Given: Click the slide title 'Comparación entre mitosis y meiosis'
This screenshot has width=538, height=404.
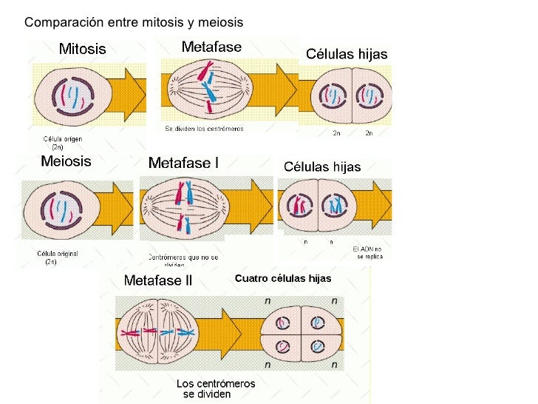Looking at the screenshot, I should click(x=134, y=22).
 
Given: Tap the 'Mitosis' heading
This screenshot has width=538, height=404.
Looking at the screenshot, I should click(x=82, y=50).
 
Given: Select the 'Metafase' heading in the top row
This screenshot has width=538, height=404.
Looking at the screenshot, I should click(x=211, y=47).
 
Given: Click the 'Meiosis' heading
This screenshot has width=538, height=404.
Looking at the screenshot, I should click(x=66, y=161).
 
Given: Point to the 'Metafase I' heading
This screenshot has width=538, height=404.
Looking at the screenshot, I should click(x=183, y=163).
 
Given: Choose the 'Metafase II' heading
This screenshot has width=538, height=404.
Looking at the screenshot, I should click(x=158, y=281).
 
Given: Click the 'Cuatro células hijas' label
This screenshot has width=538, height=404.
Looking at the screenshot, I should click(x=283, y=279).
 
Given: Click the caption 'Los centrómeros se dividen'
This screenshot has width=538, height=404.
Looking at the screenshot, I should click(x=215, y=388).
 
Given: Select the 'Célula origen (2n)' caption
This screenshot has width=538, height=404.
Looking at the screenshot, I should click(x=63, y=142).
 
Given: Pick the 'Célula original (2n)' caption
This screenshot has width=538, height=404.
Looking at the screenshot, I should click(x=58, y=257).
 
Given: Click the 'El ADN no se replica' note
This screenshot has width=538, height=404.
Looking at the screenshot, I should click(x=367, y=252).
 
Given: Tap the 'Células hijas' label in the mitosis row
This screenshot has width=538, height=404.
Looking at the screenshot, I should click(x=347, y=54).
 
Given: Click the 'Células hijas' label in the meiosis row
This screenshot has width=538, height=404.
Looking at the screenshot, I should click(x=322, y=167).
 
